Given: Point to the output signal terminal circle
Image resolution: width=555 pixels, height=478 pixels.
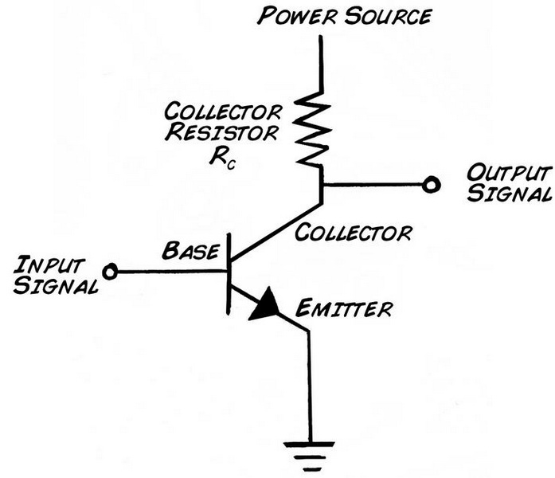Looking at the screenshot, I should pyautogui.click(x=431, y=185).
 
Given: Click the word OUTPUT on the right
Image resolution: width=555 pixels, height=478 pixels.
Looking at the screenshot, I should pyautogui.click(x=507, y=174).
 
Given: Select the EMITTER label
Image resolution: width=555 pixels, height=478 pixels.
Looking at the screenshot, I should pyautogui.click(x=343, y=308).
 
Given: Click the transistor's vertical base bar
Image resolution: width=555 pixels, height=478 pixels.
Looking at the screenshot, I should pyautogui.click(x=228, y=271).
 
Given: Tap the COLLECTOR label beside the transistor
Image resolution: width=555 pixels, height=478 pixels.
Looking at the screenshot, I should pyautogui.click(x=354, y=233).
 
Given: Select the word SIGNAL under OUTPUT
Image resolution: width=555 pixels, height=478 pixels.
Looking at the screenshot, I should pyautogui.click(x=507, y=194).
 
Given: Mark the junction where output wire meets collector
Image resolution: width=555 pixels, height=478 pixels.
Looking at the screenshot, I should pyautogui.click(x=322, y=185).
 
